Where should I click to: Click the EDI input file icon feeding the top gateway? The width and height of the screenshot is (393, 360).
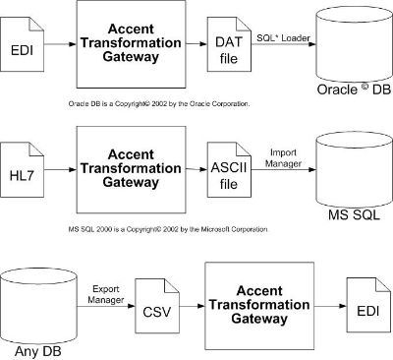[22, 44]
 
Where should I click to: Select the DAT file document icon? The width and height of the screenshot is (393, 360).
[229, 44]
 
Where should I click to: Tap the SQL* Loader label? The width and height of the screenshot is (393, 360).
[283, 37]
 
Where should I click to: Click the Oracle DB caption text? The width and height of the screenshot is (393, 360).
[354, 90]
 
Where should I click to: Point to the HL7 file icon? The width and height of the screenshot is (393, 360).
[22, 170]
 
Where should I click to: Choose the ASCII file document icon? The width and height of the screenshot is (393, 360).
[229, 170]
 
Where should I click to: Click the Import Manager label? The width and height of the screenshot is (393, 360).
[283, 157]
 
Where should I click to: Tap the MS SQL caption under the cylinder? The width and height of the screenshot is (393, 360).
[354, 215]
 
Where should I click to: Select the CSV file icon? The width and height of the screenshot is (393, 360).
[157, 306]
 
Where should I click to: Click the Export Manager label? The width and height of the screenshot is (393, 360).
[106, 294]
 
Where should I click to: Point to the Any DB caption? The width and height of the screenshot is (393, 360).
[38, 351]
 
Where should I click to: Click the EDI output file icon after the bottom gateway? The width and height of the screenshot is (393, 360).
[368, 305]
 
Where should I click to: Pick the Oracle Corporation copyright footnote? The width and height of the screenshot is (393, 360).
[159, 104]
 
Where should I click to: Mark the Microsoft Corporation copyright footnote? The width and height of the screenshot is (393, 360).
[168, 229]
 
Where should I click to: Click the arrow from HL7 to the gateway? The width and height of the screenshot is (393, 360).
[60, 169]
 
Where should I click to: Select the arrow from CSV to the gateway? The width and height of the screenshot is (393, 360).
[193, 306]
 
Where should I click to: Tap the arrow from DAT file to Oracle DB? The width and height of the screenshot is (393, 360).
[284, 43]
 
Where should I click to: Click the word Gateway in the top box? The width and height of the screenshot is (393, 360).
[131, 56]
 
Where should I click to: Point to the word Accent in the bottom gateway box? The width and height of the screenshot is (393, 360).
[259, 291]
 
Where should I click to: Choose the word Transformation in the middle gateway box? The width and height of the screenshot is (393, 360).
[131, 168]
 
